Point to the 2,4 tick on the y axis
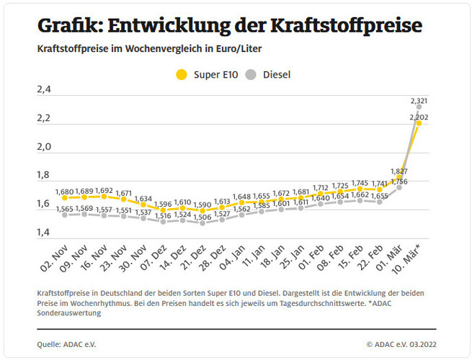(x=44, y=90)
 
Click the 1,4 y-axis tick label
(x=44, y=233)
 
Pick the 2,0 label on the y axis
(x=44, y=147)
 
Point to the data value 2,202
(x=419, y=117)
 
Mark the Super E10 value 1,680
(x=65, y=192)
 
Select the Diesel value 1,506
(x=202, y=215)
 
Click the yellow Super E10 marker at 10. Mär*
(x=419, y=124)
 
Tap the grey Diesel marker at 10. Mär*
(x=419, y=107)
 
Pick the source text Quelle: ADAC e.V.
(x=66, y=344)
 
